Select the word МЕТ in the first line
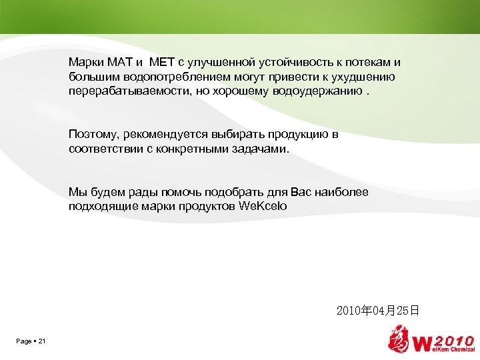(x=162, y=62)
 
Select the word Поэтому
(x=92, y=135)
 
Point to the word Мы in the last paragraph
(x=75, y=193)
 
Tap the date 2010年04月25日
(x=378, y=311)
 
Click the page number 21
(x=42, y=342)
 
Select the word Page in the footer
(x=23, y=342)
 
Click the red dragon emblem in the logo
(x=401, y=339)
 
